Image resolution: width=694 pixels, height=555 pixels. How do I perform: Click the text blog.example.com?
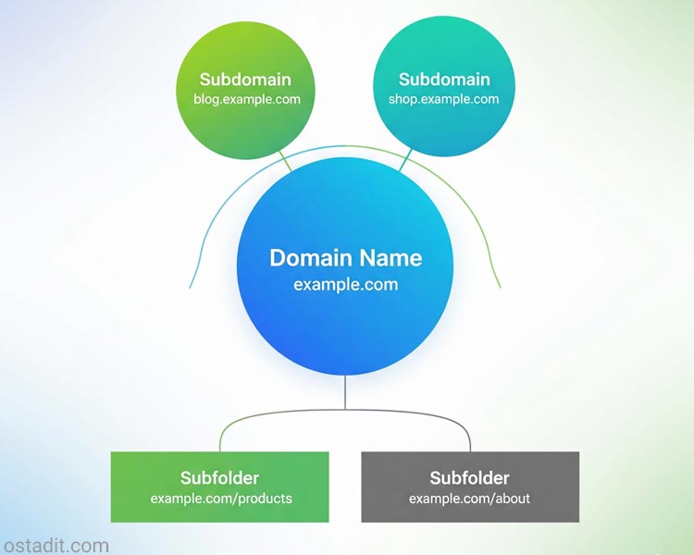pyautogui.click(x=247, y=100)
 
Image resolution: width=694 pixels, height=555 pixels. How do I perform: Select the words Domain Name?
pyautogui.click(x=345, y=258)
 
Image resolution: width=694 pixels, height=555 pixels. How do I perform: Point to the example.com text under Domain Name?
pyautogui.click(x=345, y=285)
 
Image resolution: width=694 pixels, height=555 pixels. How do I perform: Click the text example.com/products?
pyautogui.click(x=221, y=499)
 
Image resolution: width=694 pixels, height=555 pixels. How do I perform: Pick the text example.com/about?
pyautogui.click(x=469, y=499)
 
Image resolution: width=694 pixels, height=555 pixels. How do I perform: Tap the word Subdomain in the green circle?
pyautogui.click(x=245, y=80)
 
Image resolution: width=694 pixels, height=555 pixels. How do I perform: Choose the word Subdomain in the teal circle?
pyautogui.click(x=444, y=80)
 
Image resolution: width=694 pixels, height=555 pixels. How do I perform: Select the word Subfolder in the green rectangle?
pyautogui.click(x=219, y=478)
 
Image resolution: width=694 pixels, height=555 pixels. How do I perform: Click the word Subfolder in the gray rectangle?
pyautogui.click(x=469, y=478)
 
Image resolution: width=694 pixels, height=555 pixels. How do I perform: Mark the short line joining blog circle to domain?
pyautogui.click(x=286, y=162)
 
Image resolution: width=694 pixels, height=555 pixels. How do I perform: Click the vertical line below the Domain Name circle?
pyautogui.click(x=345, y=393)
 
